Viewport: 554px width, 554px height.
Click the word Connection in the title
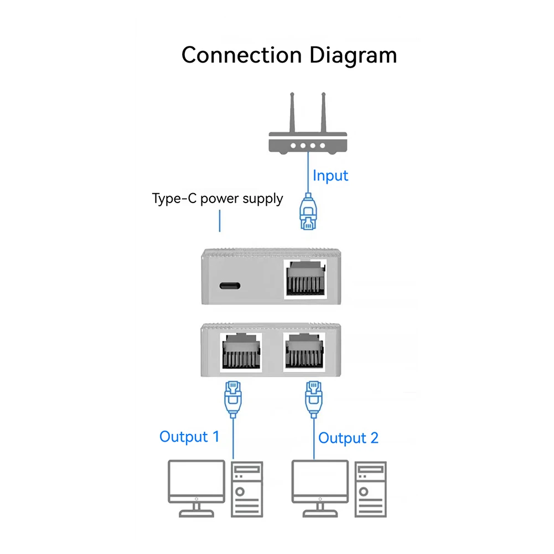(242, 55)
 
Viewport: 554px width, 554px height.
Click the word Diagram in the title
(353, 56)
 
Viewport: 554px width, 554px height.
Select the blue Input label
(330, 176)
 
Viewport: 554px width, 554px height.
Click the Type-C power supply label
(218, 198)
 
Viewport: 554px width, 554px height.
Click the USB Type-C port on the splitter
(229, 286)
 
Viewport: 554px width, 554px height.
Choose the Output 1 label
(189, 437)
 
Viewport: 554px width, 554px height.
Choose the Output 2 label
(348, 438)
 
